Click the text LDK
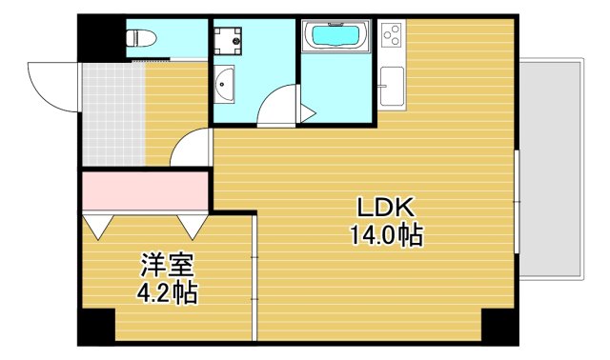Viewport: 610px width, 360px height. (384, 207)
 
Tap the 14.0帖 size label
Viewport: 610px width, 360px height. (385, 234)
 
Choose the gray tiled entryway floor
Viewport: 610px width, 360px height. (112, 114)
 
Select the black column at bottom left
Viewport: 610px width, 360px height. (95, 327)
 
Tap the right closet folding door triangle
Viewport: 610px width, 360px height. (192, 226)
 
